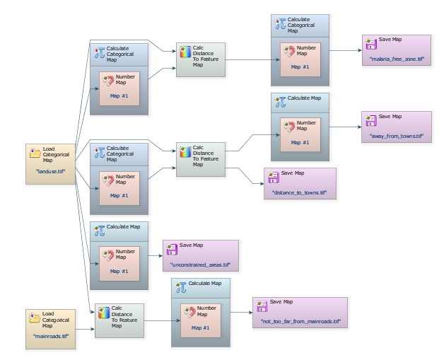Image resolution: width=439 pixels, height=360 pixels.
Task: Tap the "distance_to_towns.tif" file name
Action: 299,192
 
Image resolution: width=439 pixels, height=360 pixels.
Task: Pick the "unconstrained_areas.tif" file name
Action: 201,265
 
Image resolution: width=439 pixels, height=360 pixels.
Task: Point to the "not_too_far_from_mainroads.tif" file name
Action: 300,322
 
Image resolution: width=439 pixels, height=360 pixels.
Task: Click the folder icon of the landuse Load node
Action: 35,151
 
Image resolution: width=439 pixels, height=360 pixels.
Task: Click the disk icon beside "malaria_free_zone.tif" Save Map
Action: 370,43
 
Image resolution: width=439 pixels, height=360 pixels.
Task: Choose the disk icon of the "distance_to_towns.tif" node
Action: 272,176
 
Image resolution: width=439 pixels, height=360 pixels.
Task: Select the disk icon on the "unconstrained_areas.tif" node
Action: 170,248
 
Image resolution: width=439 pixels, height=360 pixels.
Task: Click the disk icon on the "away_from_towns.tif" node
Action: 370,119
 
